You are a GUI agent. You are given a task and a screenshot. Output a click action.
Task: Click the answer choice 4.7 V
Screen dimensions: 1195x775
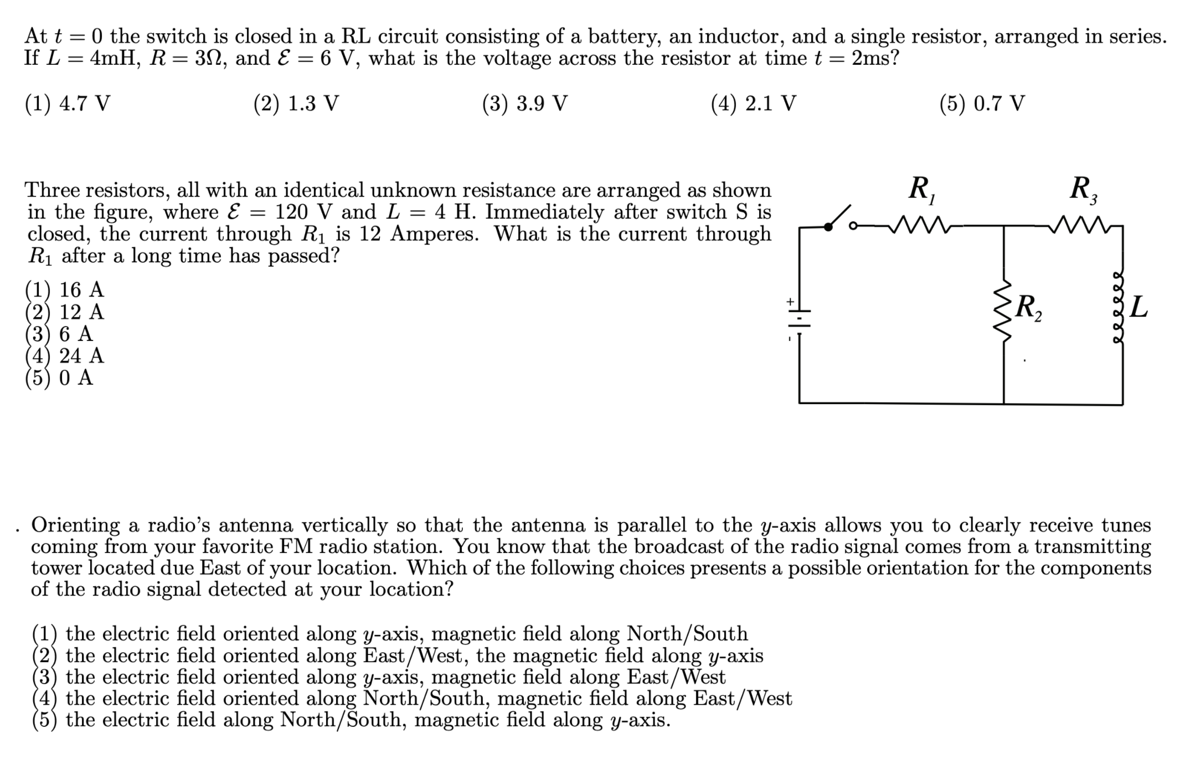[68, 104]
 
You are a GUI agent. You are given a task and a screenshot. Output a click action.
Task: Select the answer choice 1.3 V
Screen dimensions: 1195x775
[296, 104]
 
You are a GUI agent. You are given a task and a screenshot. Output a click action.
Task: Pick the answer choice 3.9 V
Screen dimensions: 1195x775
[525, 104]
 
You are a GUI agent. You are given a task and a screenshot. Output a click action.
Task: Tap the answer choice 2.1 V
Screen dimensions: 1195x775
[754, 104]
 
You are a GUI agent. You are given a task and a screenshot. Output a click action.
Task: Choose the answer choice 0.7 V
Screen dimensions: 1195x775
[982, 104]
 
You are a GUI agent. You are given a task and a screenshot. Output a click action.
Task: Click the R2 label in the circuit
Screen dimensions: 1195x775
[1029, 308]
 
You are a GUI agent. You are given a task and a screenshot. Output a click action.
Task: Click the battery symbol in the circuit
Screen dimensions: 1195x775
[799, 318]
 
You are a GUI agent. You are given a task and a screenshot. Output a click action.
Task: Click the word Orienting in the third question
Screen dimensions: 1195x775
[76, 524]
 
